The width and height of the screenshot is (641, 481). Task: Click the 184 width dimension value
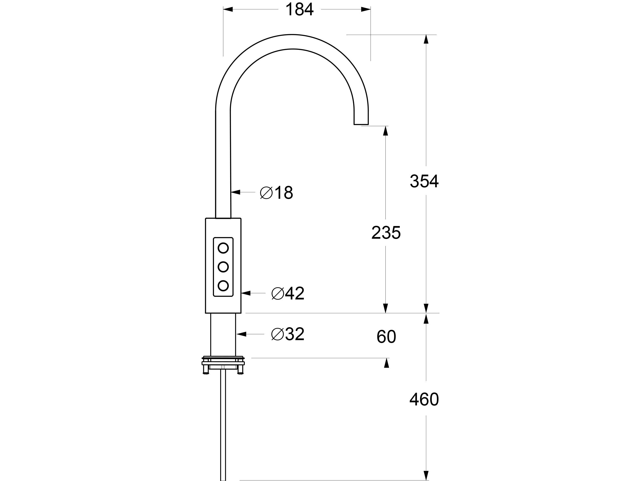click(x=299, y=9)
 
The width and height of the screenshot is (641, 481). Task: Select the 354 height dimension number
click(x=424, y=182)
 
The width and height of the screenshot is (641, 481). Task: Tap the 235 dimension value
click(x=386, y=232)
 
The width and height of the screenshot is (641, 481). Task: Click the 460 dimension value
click(x=424, y=399)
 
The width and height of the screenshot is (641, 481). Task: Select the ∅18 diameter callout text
click(x=276, y=193)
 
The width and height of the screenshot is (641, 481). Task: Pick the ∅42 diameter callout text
click(x=288, y=293)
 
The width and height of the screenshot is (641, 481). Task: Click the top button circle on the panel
click(x=223, y=248)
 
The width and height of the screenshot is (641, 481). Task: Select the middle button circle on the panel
click(x=223, y=267)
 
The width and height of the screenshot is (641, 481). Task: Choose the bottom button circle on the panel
click(x=223, y=286)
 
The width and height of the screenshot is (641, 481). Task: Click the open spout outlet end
click(x=361, y=124)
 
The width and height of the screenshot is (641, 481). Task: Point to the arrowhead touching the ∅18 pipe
click(x=236, y=192)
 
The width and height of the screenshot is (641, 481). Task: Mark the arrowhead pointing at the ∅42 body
click(x=246, y=293)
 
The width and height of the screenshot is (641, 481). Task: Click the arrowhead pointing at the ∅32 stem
click(x=241, y=334)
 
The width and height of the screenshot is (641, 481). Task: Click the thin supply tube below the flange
click(x=223, y=420)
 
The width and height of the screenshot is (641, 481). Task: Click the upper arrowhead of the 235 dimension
click(x=385, y=131)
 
